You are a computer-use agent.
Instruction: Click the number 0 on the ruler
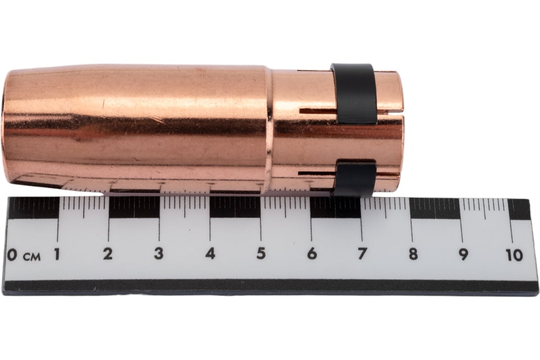click(12, 255)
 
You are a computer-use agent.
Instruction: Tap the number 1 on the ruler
click(57, 254)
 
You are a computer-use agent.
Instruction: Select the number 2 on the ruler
click(108, 254)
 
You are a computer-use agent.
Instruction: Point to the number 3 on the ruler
click(158, 254)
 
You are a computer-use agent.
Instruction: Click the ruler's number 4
click(210, 254)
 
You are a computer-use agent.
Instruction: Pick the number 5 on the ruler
click(261, 254)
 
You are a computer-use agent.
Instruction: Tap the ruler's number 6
click(312, 254)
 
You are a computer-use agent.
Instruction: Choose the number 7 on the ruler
click(363, 254)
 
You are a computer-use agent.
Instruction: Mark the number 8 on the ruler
click(413, 254)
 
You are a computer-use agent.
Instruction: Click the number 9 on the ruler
click(463, 255)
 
